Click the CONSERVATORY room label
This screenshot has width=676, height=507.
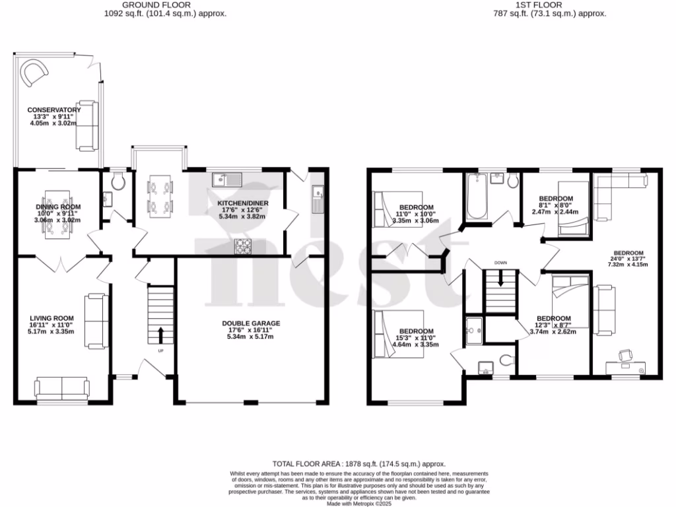53,110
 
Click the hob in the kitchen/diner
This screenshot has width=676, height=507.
244,246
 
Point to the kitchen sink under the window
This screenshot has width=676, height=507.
228,178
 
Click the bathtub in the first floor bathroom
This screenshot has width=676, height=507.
477,196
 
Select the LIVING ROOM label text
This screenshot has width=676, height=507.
52,318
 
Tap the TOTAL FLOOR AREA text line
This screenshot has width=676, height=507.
359,464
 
